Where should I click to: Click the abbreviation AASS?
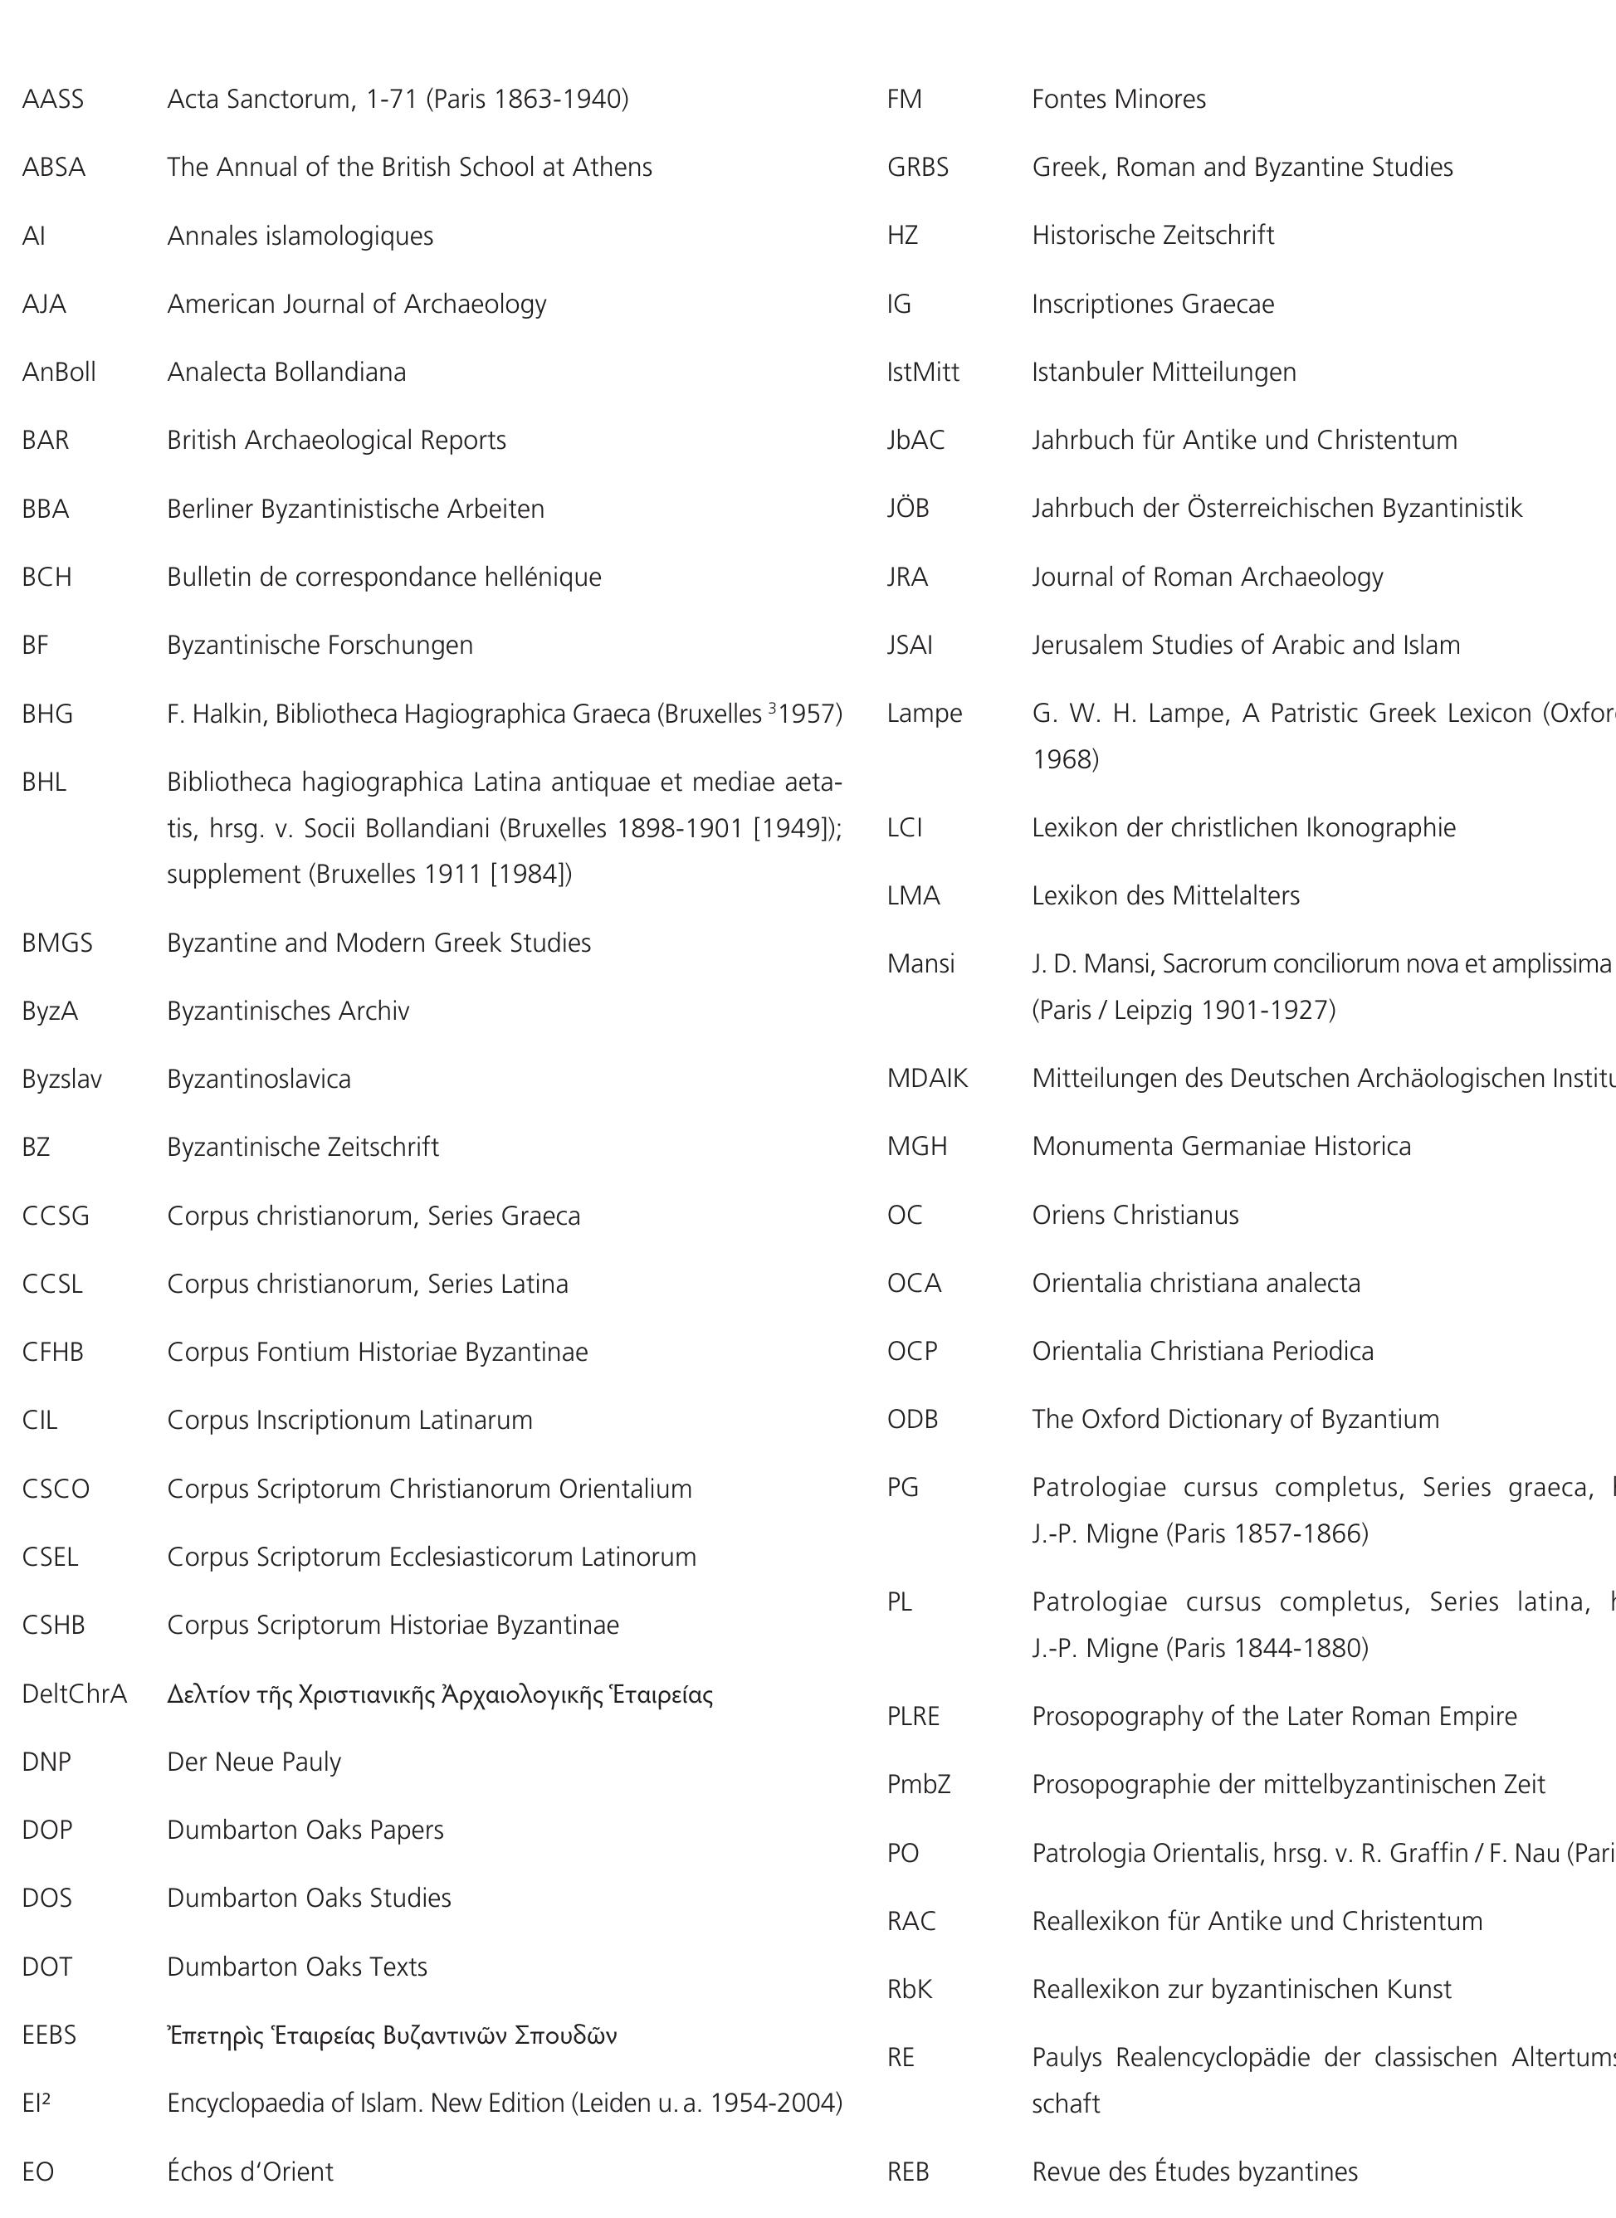53,99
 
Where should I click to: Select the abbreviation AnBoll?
59,372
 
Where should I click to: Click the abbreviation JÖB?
908,508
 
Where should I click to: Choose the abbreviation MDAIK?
926,1078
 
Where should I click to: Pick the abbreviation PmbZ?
918,1784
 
